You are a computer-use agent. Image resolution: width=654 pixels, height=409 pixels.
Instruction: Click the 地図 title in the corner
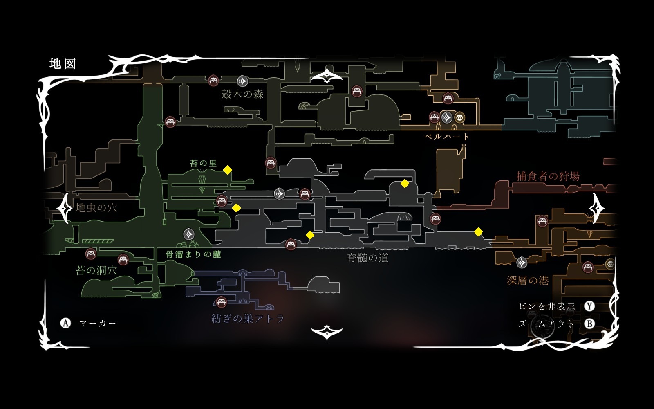click(x=63, y=64)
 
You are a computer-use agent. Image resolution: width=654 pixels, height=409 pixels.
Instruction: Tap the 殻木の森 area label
click(x=242, y=94)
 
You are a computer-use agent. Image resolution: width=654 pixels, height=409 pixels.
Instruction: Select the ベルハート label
click(x=447, y=137)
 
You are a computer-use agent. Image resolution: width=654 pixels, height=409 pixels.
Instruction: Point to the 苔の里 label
click(x=203, y=164)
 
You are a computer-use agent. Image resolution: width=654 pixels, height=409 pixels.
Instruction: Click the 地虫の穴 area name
click(x=96, y=208)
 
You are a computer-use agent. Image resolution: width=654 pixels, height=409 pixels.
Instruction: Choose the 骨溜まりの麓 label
click(x=193, y=254)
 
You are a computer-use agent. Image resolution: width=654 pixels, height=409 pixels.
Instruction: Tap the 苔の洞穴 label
click(x=96, y=270)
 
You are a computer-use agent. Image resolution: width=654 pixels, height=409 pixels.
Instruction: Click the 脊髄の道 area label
click(x=367, y=258)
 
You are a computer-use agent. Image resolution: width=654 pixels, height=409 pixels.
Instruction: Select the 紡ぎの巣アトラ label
click(x=248, y=319)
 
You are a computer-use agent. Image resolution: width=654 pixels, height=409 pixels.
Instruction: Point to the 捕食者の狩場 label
click(x=548, y=176)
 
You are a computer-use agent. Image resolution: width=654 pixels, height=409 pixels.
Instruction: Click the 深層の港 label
click(x=528, y=281)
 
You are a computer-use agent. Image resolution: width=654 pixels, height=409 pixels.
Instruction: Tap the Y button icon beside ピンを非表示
click(x=589, y=306)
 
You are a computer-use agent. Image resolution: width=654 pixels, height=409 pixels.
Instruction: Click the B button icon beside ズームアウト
click(x=589, y=324)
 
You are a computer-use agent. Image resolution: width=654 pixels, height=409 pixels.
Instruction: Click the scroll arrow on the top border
click(x=327, y=76)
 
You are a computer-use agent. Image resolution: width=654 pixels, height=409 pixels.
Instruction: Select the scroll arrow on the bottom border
click(x=327, y=332)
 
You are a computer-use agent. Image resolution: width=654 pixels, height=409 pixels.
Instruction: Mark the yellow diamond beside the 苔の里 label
click(x=228, y=170)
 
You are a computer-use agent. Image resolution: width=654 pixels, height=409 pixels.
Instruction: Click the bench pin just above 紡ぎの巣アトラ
click(x=222, y=302)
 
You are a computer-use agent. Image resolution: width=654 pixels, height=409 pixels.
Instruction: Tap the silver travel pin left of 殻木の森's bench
click(x=242, y=81)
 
